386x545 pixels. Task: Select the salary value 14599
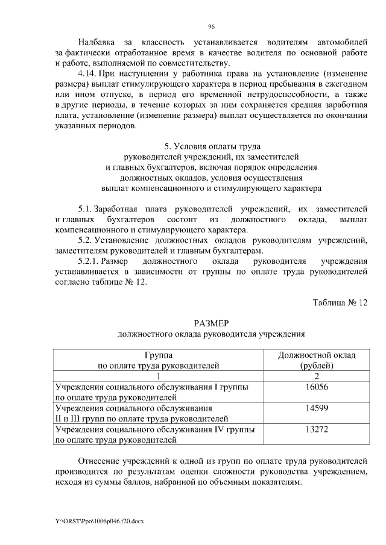tap(317, 408)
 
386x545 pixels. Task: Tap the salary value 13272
tap(317, 430)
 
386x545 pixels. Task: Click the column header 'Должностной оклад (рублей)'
tap(317, 360)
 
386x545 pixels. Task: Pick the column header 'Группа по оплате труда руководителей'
tap(159, 360)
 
